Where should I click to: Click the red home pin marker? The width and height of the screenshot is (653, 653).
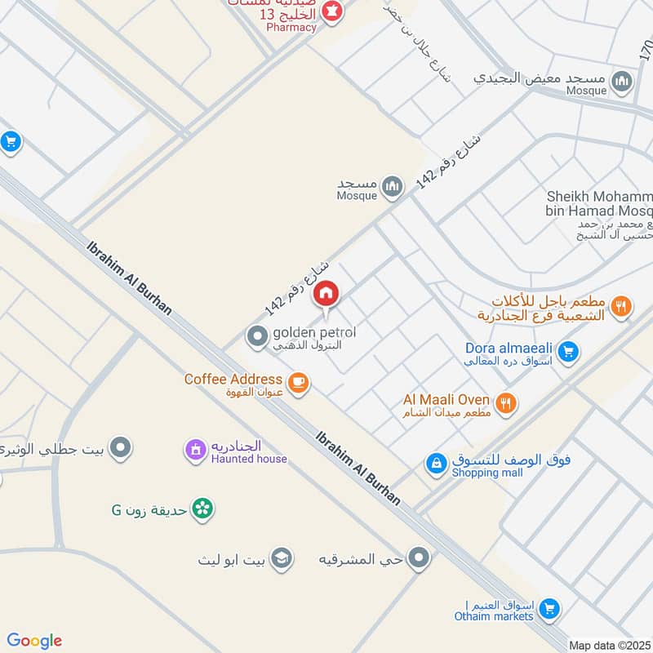(x=326, y=294)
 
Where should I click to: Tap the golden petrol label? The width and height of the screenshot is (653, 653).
(x=314, y=333)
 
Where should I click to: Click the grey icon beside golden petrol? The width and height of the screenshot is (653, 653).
(x=257, y=335)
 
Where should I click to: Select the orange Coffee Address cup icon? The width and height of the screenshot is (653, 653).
(x=299, y=382)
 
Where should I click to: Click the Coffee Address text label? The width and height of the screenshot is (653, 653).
(x=233, y=380)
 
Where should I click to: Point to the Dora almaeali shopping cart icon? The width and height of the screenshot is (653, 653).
(x=569, y=353)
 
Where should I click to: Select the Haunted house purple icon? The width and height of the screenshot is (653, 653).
(x=195, y=450)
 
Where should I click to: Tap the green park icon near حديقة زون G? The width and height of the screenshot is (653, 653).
(x=204, y=509)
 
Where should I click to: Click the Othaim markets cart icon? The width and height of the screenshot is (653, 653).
(x=550, y=608)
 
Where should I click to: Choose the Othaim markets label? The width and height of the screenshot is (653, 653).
(x=495, y=616)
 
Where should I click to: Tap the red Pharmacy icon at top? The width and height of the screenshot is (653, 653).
(x=331, y=13)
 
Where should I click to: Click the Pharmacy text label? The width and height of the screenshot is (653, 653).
(x=291, y=28)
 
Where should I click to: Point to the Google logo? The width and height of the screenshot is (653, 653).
(x=34, y=641)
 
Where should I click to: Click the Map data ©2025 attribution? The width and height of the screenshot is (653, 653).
(x=608, y=645)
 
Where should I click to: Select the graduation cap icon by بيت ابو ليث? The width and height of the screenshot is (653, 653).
(x=282, y=558)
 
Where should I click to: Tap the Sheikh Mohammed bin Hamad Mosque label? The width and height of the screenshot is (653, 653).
(x=600, y=205)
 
